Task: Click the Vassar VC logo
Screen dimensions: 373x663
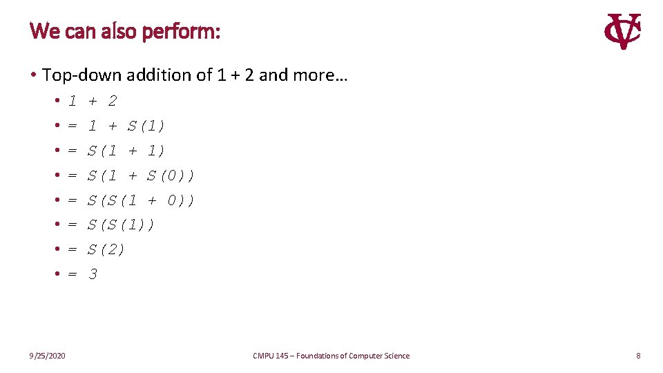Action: click(x=622, y=32)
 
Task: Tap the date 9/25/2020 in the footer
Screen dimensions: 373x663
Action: click(x=48, y=356)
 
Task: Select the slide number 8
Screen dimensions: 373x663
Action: click(x=638, y=356)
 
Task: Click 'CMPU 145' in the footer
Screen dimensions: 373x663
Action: click(x=271, y=356)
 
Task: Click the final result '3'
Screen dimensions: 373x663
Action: click(x=93, y=274)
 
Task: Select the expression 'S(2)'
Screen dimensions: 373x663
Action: click(x=106, y=249)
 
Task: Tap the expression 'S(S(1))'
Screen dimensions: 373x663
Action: click(x=121, y=224)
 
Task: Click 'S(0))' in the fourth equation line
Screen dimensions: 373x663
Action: click(x=171, y=175)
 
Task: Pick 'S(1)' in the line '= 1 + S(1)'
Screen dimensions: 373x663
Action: click(x=146, y=126)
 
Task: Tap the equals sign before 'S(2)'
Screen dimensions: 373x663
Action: click(x=73, y=249)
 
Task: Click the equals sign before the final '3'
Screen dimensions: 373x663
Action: click(x=73, y=274)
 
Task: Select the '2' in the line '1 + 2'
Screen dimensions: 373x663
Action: click(x=113, y=101)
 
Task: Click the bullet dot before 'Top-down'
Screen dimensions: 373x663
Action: click(x=33, y=75)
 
